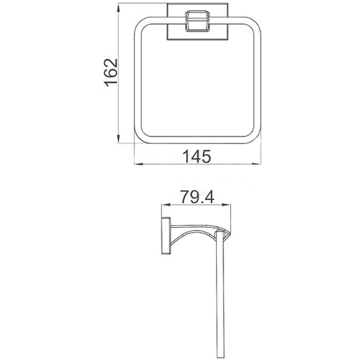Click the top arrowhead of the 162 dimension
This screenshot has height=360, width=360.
(x=119, y=9)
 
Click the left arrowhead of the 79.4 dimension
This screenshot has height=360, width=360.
(x=164, y=205)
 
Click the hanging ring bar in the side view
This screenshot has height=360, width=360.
(x=218, y=292)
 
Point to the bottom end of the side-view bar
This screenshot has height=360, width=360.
(x=218, y=354)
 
